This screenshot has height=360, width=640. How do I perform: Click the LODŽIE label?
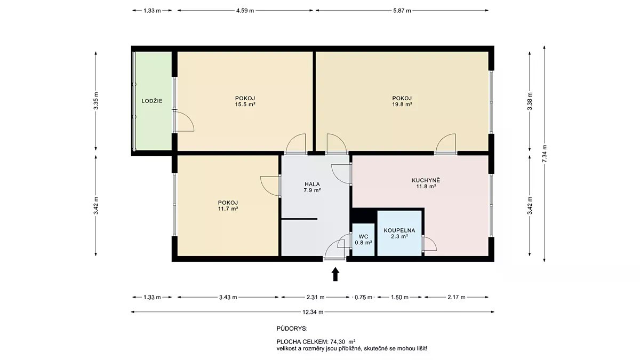(152, 101)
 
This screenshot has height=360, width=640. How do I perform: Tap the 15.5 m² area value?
(245, 105)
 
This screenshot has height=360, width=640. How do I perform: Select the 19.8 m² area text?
(402, 105)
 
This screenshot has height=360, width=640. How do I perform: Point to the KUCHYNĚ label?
(426, 180)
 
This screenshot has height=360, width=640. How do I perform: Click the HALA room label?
(313, 184)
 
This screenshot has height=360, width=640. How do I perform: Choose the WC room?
(363, 239)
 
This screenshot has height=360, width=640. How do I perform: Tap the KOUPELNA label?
(399, 230)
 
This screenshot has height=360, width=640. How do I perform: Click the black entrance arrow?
(335, 274)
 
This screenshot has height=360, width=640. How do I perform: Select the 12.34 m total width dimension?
(313, 312)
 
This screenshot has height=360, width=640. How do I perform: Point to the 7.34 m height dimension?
(545, 154)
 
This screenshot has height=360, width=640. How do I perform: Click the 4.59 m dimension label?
(245, 11)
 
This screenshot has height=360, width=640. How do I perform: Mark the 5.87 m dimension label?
(402, 11)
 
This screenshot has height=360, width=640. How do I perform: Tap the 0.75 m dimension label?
(363, 297)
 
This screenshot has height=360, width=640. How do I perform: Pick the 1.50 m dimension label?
(399, 297)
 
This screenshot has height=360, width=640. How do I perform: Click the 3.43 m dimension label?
(228, 297)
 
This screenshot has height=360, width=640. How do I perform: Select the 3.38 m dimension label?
(530, 101)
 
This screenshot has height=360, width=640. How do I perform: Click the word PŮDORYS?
(292, 329)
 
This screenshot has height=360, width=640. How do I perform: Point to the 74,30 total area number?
(338, 341)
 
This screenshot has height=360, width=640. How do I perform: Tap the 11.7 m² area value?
(228, 209)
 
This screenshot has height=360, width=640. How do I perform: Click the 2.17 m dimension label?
(457, 297)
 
